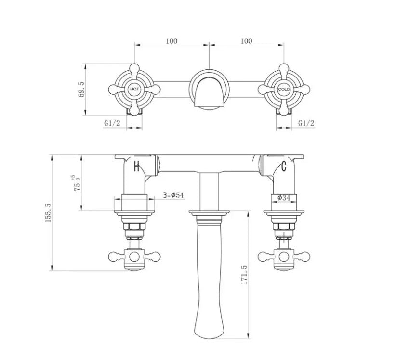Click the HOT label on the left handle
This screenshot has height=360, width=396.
pos(134,90)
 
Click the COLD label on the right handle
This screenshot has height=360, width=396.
pos(284,90)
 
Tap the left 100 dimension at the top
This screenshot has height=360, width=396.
pos(172,41)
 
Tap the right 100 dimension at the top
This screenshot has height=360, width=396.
pos(246,41)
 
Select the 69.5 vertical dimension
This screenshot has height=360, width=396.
pos(81,90)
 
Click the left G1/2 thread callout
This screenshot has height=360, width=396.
pos(112,123)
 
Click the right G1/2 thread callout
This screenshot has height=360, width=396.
pos(306,123)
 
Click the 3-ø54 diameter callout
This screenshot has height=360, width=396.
pos(173,195)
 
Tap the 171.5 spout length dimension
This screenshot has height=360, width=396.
pos(244,274)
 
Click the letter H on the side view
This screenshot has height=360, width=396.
pos(137,167)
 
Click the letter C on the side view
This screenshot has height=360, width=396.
pos(284,167)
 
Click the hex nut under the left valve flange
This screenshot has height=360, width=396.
pos(134,226)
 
